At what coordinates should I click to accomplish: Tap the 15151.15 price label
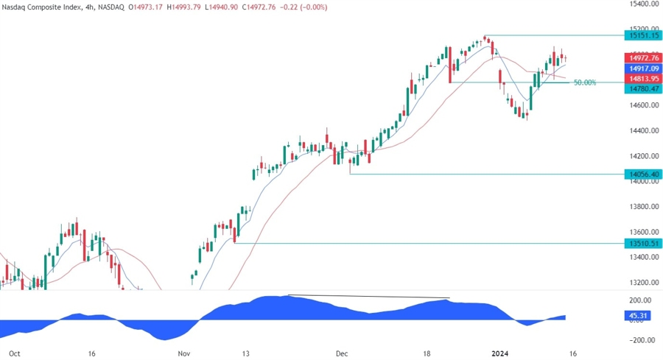point(642,35)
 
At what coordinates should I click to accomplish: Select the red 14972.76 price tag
point(642,57)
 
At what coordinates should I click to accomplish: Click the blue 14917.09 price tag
point(642,68)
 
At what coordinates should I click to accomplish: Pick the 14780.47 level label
point(642,88)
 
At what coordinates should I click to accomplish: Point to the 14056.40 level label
point(642,174)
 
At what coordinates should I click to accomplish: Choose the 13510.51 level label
point(642,243)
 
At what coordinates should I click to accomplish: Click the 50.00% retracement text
point(584,82)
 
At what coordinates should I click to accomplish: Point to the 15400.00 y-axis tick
point(642,4)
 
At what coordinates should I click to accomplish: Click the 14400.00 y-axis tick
point(642,131)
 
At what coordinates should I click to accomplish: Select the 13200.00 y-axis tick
point(642,283)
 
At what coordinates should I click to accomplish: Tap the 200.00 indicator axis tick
point(640,300)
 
